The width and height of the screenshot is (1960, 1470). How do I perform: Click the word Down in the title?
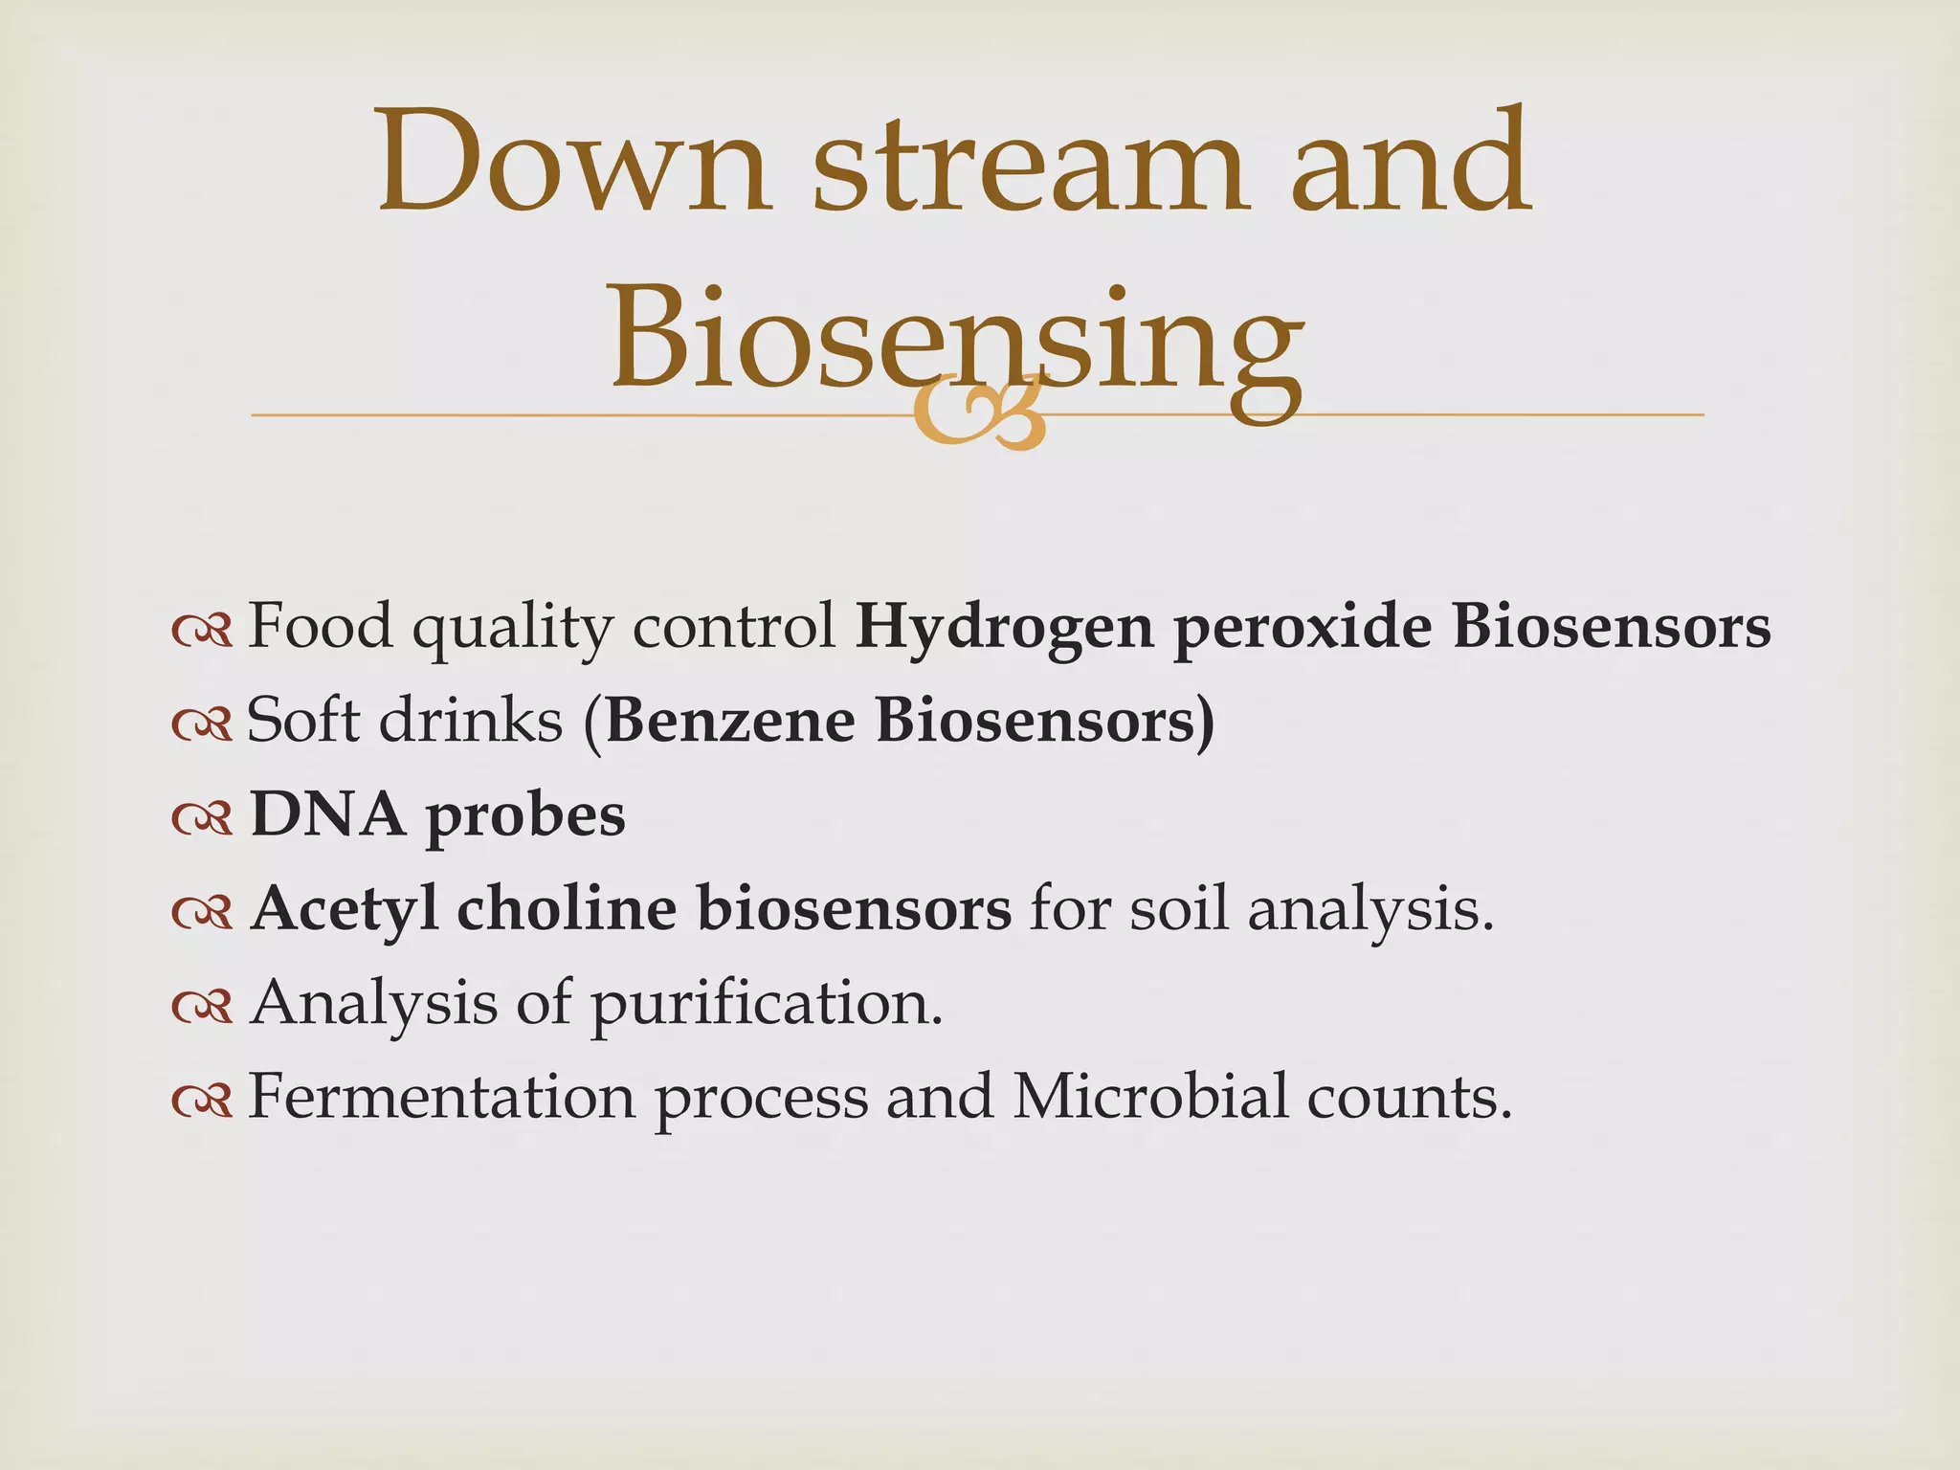click(572, 163)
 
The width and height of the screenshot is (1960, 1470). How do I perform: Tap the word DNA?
click(326, 814)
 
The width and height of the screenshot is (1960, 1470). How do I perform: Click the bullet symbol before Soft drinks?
click(202, 724)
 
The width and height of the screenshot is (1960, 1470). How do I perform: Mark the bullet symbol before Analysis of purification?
click(202, 1006)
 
